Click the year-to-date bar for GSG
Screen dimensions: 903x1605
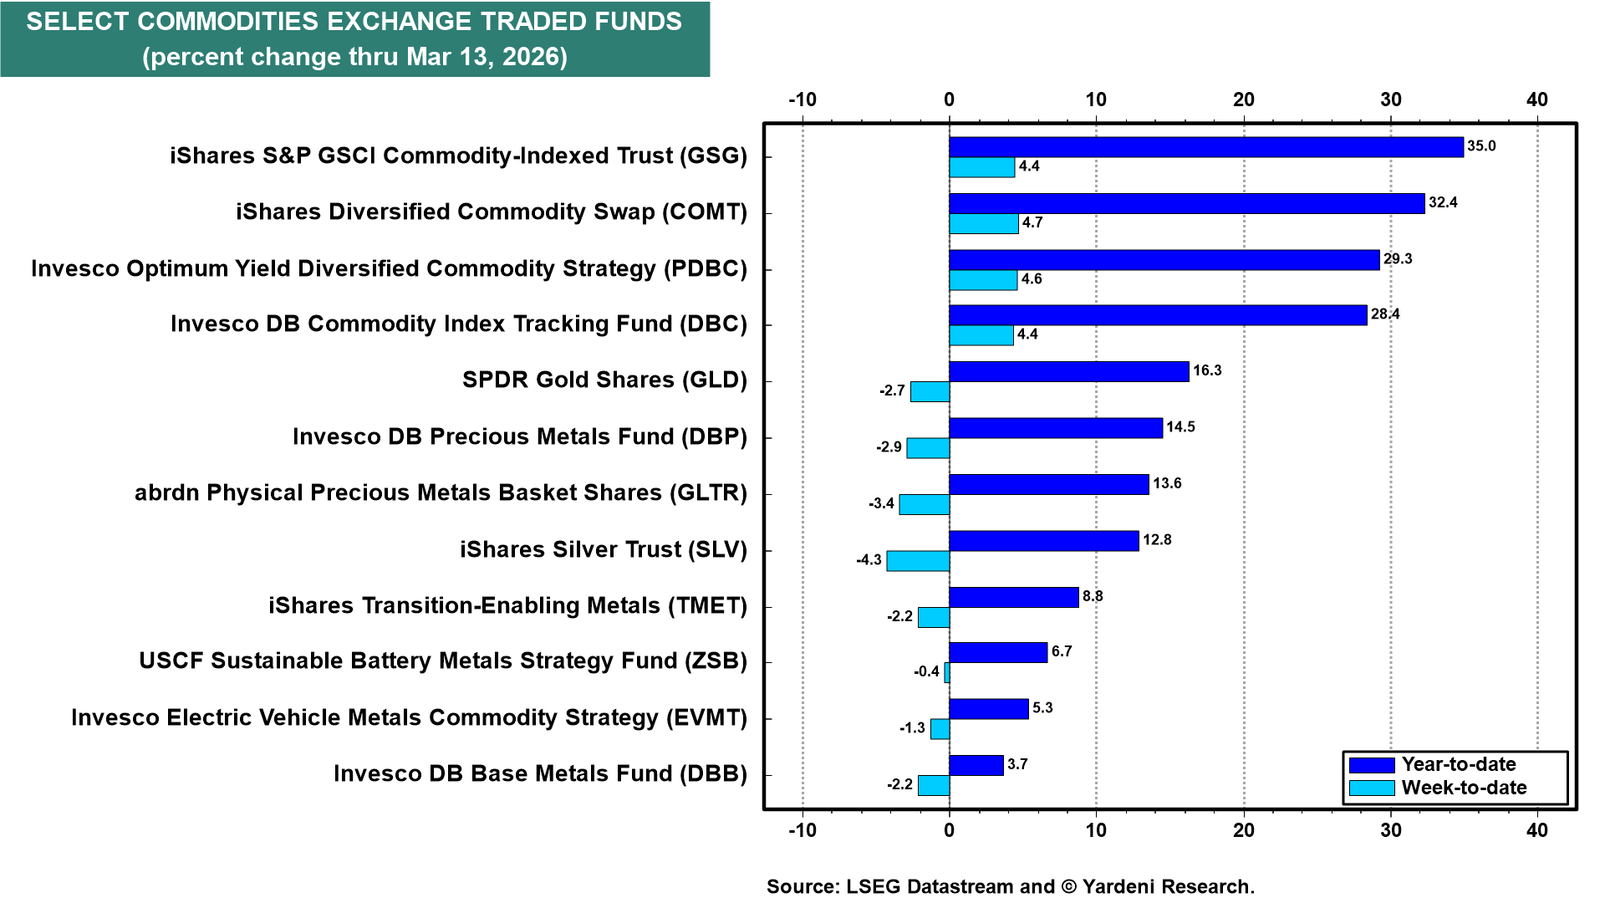point(1205,147)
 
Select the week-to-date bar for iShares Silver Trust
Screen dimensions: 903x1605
point(918,561)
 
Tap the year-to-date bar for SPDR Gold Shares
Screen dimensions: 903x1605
point(1068,371)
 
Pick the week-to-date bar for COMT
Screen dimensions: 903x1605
point(983,224)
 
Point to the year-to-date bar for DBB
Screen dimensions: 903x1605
point(976,765)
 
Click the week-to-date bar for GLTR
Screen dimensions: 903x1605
point(924,504)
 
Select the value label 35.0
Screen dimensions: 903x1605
point(1481,146)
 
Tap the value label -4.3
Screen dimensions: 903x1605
point(869,560)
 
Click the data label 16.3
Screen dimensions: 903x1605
point(1207,370)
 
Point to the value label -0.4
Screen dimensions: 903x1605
point(926,671)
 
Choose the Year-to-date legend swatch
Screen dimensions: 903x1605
point(1372,765)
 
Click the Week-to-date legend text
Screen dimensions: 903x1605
point(1464,788)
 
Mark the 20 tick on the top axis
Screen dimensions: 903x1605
point(1243,100)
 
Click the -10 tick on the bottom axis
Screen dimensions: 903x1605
point(802,830)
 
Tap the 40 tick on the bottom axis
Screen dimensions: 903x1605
point(1536,830)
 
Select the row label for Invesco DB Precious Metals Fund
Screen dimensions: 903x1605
point(519,436)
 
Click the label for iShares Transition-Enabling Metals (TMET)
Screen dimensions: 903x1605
point(507,605)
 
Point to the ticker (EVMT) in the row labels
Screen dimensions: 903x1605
point(706,717)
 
